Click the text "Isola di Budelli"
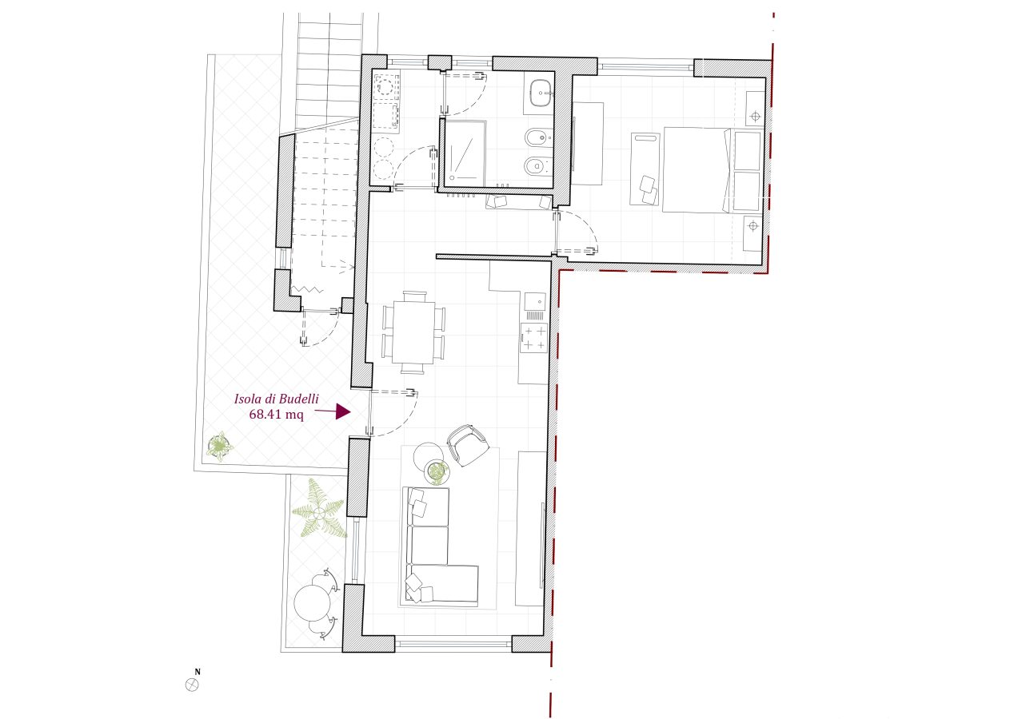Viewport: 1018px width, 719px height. tap(277, 399)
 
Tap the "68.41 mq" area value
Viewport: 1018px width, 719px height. tap(277, 415)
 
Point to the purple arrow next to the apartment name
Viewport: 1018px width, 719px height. tap(333, 411)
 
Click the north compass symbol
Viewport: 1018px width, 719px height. tap(192, 685)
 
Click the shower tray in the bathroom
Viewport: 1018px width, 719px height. tap(465, 152)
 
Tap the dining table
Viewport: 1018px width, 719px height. tap(413, 332)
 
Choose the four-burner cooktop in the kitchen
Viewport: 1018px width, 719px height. tap(534, 338)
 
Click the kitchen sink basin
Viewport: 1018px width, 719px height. tap(535, 301)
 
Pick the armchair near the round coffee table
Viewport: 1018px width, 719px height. tap(468, 445)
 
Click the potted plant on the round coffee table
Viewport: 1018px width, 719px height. tap(437, 472)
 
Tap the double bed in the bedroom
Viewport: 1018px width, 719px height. tap(712, 169)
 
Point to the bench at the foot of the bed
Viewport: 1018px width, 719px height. tap(645, 169)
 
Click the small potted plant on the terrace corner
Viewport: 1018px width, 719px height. tap(220, 447)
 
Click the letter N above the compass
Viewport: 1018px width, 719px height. tap(198, 672)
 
